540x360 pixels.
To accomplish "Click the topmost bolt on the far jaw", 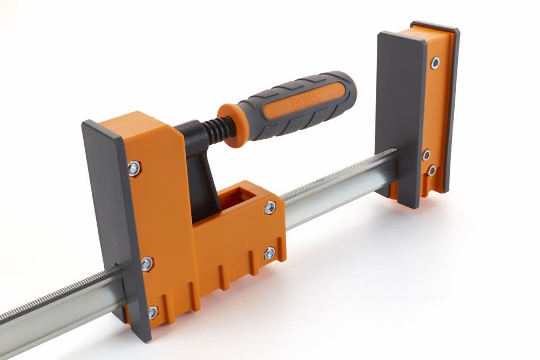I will (434, 63).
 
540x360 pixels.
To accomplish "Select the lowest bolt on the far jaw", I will (431, 171).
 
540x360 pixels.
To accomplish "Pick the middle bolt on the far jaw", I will (426, 155).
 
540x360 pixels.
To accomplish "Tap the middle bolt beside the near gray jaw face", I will (147, 264).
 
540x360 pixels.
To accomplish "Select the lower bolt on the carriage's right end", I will (269, 253).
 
